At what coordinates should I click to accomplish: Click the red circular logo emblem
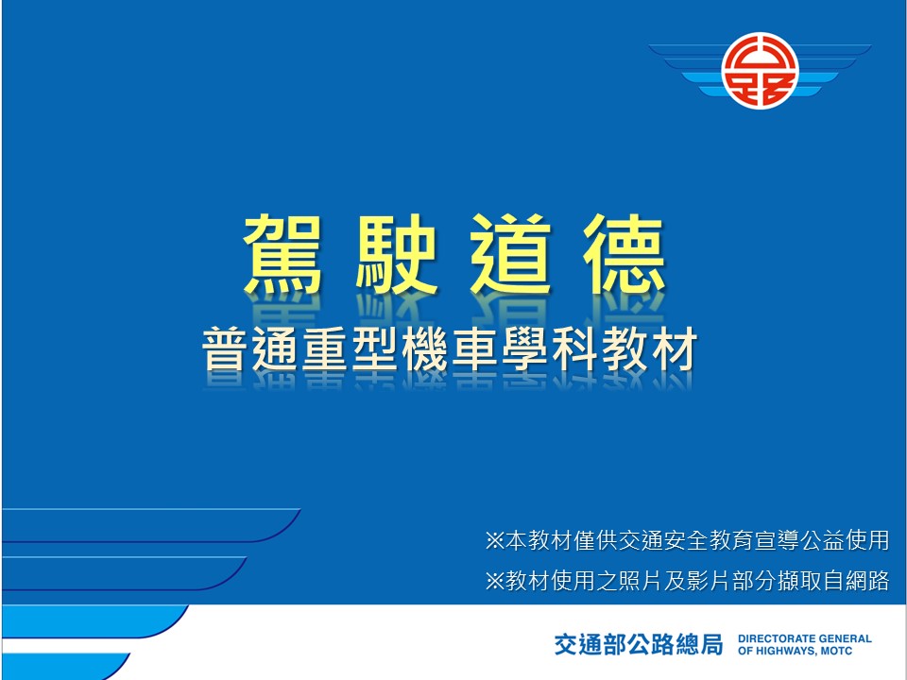pyautogui.click(x=760, y=70)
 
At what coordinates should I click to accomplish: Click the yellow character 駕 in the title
pyautogui.click(x=282, y=254)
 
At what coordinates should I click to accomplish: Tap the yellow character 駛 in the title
pyautogui.click(x=396, y=254)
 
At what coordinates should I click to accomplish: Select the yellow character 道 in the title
pyautogui.click(x=510, y=254)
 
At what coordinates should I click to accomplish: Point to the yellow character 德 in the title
pyautogui.click(x=625, y=254)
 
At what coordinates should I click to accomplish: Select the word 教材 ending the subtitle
pyautogui.click(x=649, y=349)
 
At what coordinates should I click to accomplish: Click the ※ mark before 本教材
pyautogui.click(x=494, y=540)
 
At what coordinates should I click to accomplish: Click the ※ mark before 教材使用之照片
pyautogui.click(x=494, y=581)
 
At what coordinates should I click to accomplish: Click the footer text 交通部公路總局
pyautogui.click(x=639, y=644)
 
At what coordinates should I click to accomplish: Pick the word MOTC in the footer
pyautogui.click(x=836, y=651)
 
